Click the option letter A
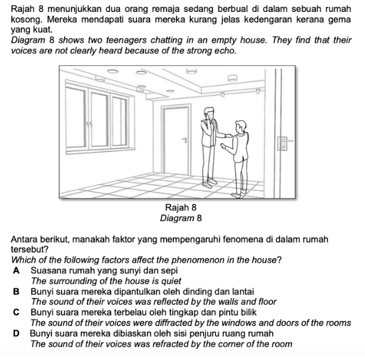(16, 271)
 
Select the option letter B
(16, 292)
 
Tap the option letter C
(16, 312)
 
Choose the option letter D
(16, 334)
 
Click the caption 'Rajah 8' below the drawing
(181, 207)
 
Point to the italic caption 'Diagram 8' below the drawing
(181, 218)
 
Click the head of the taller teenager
(209, 113)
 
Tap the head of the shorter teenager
(240, 127)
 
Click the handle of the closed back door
(185, 139)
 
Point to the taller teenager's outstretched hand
(227, 135)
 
